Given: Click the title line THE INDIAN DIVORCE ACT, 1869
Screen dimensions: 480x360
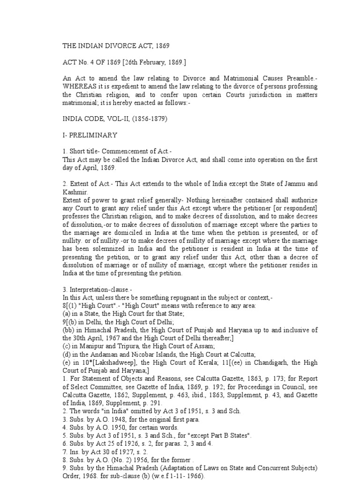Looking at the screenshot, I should click(116, 46).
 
